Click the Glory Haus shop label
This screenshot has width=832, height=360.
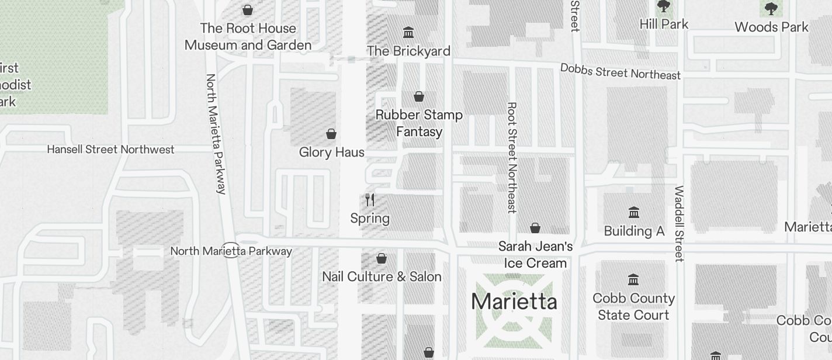331,153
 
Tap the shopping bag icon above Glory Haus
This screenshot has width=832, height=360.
331,134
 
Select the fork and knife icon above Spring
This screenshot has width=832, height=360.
370,200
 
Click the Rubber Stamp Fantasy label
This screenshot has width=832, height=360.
419,123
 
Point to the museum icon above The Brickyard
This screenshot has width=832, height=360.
409,32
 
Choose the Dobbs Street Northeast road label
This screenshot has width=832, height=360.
620,72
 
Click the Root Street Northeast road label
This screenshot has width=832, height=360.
512,158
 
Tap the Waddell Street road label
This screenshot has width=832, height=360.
679,223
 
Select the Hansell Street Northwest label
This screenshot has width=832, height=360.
110,150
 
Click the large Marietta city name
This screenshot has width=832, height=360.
514,302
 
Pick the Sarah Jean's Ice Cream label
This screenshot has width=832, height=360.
535,255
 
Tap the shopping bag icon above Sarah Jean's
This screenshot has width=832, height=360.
535,228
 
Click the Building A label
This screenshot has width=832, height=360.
634,231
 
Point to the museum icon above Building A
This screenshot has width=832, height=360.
634,212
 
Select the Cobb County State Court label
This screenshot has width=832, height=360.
633,307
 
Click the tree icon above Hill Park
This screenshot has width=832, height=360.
663,6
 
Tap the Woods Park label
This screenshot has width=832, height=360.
771,27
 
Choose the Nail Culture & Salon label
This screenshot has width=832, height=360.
382,276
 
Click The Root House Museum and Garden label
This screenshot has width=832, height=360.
248,36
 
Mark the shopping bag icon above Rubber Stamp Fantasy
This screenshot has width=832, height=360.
419,96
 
